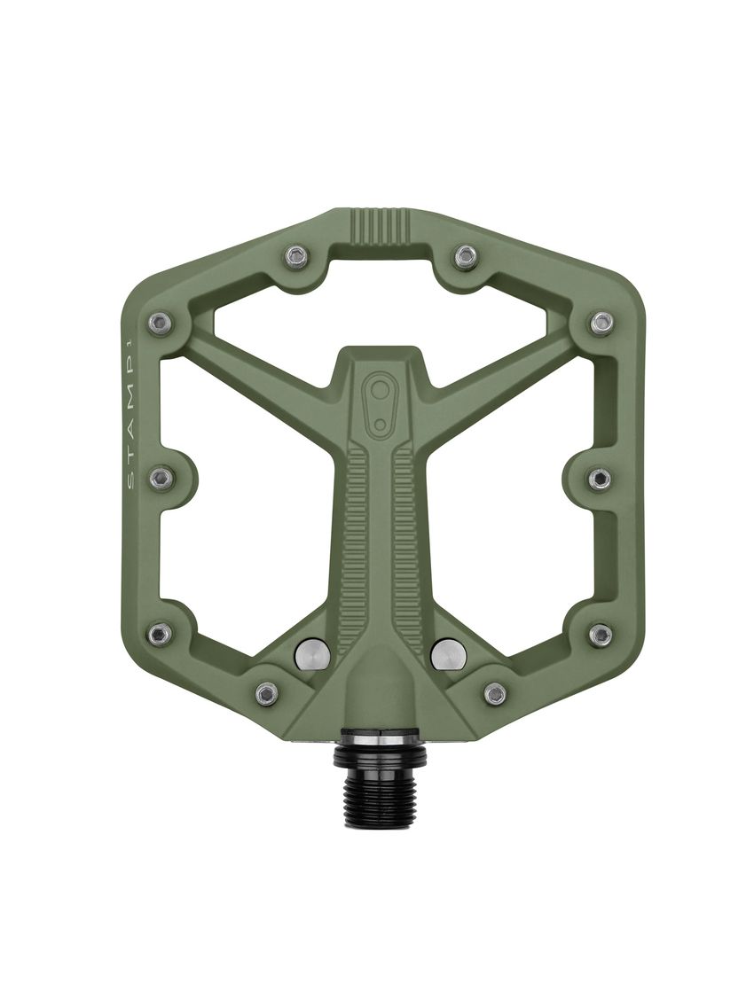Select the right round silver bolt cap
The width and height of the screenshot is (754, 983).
[448, 653]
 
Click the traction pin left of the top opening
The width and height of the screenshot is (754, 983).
[297, 257]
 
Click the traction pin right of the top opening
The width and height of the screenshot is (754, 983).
[465, 257]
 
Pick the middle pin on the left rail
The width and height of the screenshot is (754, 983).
[161, 479]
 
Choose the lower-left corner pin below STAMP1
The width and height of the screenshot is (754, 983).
[160, 633]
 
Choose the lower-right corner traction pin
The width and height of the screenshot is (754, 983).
[601, 634]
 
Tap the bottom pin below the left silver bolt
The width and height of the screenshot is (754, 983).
[266, 693]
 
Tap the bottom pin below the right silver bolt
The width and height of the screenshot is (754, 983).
[495, 693]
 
